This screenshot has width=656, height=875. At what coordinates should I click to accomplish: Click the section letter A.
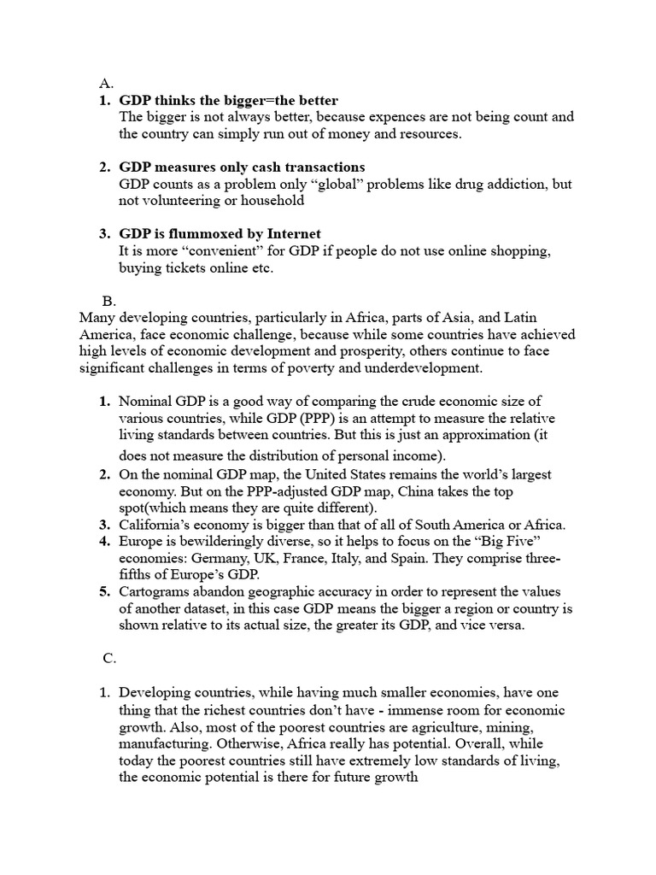pos(106,84)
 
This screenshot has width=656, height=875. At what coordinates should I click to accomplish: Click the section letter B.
pos(108,301)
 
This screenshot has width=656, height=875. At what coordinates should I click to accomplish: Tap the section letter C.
pos(108,657)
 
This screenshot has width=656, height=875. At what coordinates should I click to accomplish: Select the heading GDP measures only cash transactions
pos(242,167)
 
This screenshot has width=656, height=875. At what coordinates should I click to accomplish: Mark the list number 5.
pos(104,591)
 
